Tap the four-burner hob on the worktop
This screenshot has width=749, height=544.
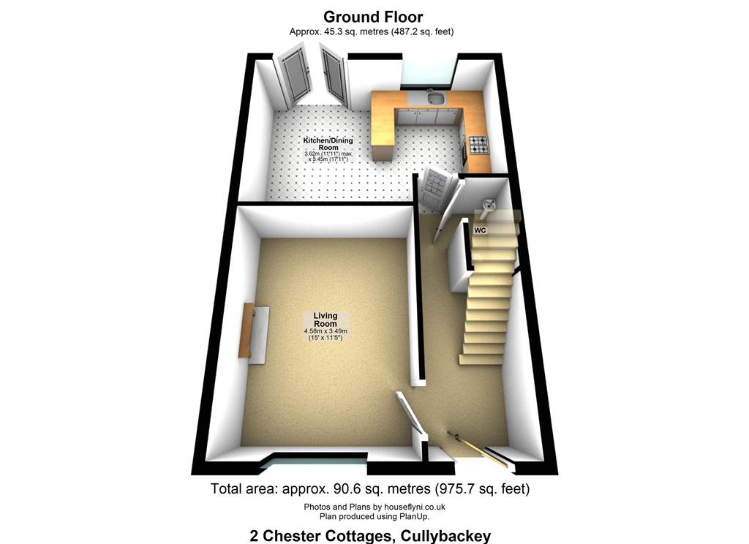tap(478, 144)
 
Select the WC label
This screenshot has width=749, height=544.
tap(480, 230)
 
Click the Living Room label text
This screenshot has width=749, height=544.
tap(325, 320)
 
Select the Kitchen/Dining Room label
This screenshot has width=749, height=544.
tap(325, 143)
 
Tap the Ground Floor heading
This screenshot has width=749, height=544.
tap(373, 17)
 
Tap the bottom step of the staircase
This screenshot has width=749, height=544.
tap(481, 359)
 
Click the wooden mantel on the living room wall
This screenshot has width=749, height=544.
tap(245, 330)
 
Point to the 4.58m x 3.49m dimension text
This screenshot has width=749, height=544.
tap(325, 331)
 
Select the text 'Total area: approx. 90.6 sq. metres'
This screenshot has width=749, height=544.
tap(320, 488)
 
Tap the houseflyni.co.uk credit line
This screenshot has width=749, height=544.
tap(374, 507)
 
